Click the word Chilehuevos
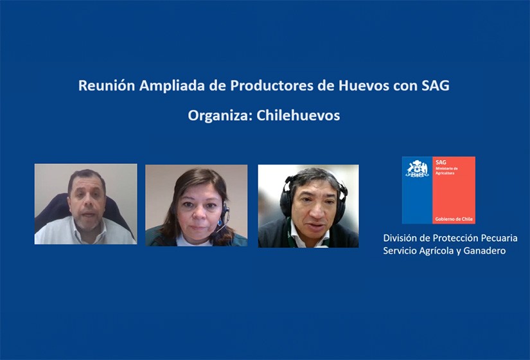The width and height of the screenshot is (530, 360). (298, 115)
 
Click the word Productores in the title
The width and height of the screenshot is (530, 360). (272, 85)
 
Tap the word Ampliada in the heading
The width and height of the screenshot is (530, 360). (172, 86)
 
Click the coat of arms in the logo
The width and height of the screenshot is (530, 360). (417, 169)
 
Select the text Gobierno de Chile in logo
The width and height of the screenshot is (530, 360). (454, 219)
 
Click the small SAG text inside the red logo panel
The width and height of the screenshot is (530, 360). (441, 163)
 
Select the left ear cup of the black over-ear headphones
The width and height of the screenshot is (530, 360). (286, 200)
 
